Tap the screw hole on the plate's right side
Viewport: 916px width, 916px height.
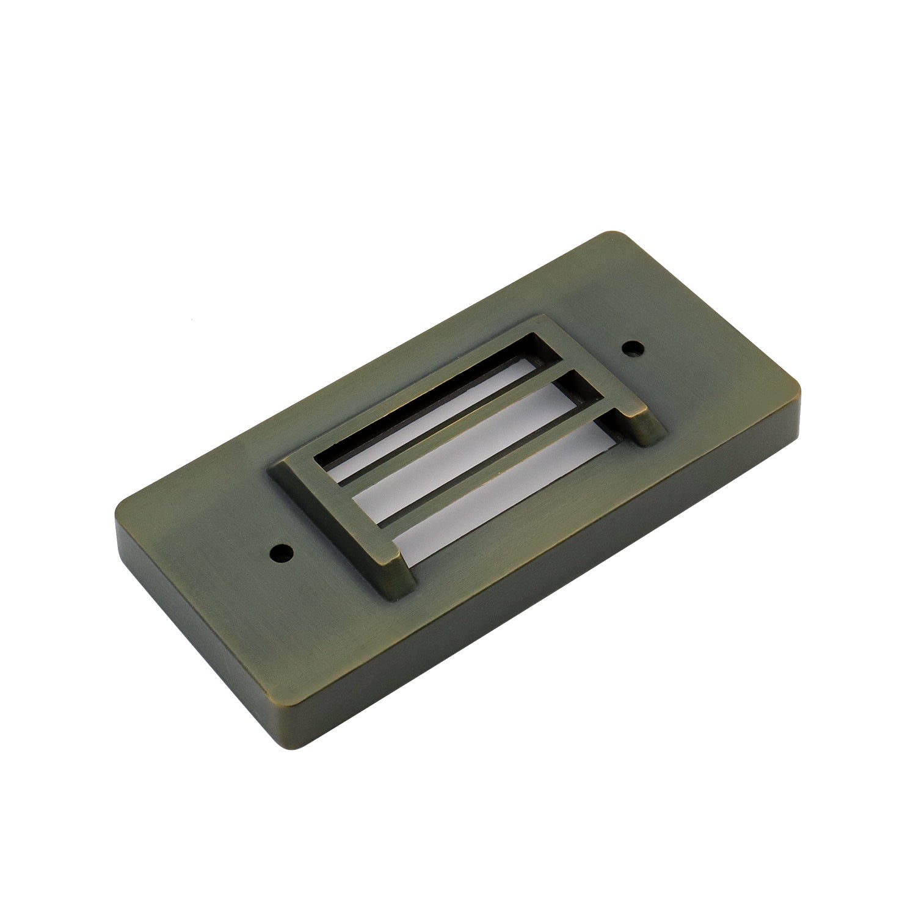[632, 349]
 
